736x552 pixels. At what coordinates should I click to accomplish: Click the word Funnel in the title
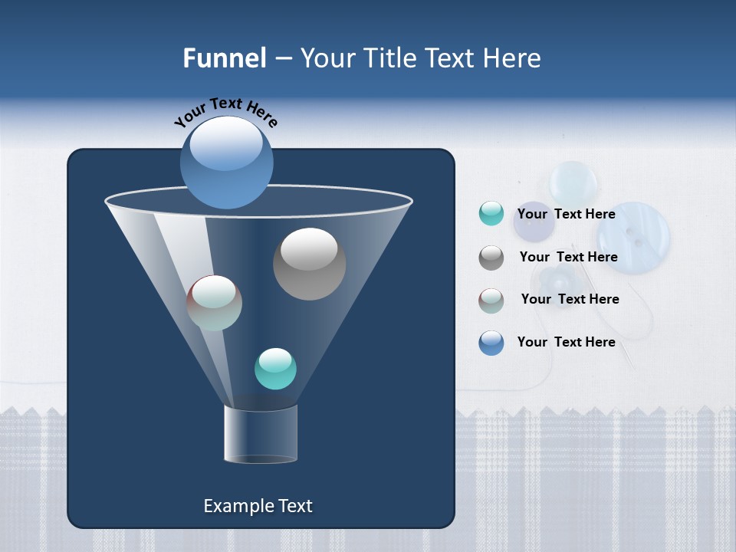tap(224, 58)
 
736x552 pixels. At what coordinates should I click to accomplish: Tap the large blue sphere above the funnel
tap(226, 162)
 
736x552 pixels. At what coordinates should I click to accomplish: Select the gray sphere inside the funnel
tap(309, 263)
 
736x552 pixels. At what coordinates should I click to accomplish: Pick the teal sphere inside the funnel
tap(275, 368)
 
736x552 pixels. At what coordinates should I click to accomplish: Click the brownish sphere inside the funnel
tap(214, 303)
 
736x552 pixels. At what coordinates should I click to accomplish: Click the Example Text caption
tap(258, 506)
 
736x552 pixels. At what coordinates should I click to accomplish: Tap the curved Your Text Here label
tap(226, 112)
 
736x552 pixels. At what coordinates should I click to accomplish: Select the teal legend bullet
tap(491, 214)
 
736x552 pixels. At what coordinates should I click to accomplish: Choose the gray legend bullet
tap(491, 258)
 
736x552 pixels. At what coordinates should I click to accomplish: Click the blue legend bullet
tap(491, 343)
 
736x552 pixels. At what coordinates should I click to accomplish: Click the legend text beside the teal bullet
tap(566, 214)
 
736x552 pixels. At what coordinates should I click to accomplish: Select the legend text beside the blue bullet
tap(566, 342)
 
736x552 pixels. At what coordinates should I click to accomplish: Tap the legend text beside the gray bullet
tap(568, 257)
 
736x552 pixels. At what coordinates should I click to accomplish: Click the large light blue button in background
tap(633, 238)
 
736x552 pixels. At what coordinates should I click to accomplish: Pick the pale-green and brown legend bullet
tap(491, 300)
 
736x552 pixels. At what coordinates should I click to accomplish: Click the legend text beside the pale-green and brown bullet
tap(570, 299)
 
